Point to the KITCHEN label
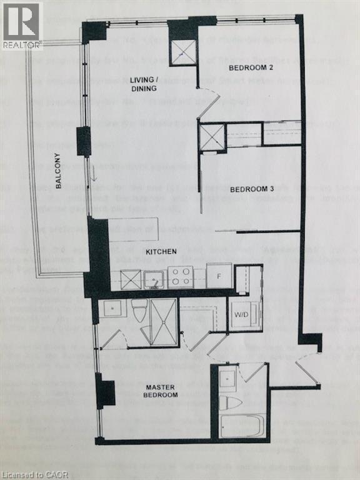coord(161,251)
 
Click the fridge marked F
coord(219,276)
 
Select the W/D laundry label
coord(241,314)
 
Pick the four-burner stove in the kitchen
coord(181,277)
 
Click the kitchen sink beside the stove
coord(154,279)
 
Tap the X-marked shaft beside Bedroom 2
coord(184,53)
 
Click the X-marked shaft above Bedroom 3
coord(212,137)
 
